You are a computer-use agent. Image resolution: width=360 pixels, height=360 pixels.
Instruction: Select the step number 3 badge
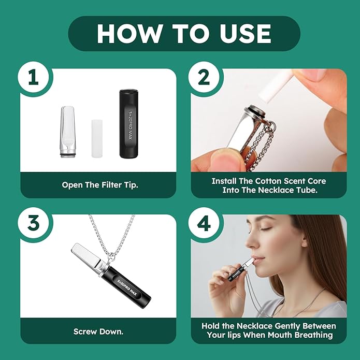34,223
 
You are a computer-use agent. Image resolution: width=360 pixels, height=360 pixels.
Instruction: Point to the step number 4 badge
204,223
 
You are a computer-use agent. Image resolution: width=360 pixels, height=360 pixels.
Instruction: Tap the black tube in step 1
128,123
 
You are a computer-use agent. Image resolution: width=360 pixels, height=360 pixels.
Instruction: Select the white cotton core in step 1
96,138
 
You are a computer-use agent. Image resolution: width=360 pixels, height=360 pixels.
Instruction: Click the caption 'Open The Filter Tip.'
100,185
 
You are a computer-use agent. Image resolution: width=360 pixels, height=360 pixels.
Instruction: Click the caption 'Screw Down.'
98,332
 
